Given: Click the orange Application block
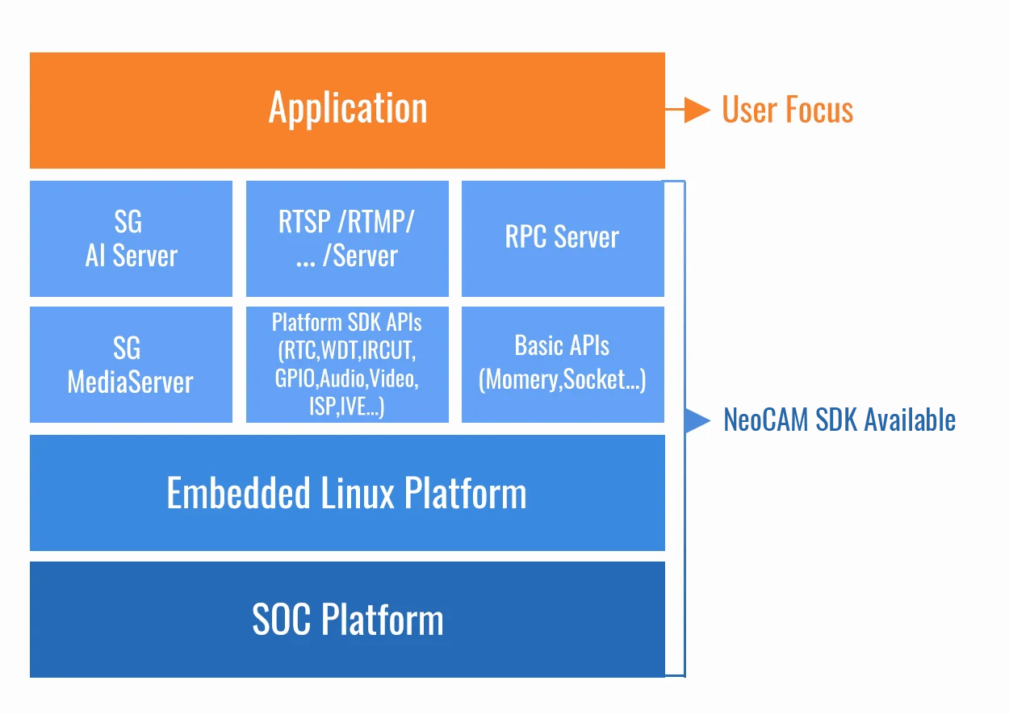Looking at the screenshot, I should pos(347,111).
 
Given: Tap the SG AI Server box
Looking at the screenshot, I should pos(131,239).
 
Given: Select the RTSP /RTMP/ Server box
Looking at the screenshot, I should pos(347,239).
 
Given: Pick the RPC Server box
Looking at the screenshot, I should pos(563,239).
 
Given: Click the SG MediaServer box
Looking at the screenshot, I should pos(131,364).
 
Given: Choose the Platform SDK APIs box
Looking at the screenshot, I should pos(347,364).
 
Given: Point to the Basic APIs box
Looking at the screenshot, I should pos(563,364).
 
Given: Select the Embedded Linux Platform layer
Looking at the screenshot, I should pos(347,493).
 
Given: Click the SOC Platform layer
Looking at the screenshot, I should pos(347,620).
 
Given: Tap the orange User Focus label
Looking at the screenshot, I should pos(787,110).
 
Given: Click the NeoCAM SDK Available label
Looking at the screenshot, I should pos(839,420).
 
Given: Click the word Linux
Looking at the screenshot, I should pos(358,493).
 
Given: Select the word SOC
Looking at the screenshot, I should pos(283,620).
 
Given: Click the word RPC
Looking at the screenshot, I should pos(525,237).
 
